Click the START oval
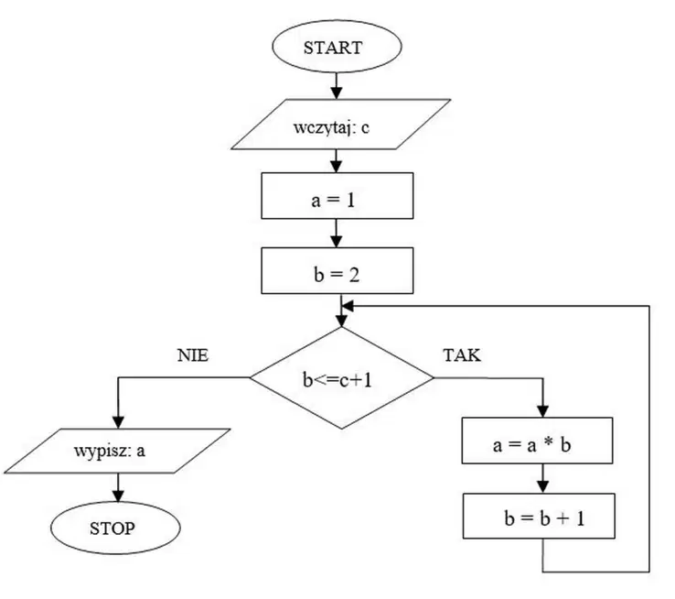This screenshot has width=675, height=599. [337, 47]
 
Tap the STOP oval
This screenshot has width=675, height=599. [115, 528]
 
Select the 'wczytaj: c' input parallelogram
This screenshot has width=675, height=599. [341, 125]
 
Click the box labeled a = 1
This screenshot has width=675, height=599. [337, 196]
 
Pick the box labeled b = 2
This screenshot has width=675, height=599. [337, 270]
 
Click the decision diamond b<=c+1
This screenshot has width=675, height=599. [342, 378]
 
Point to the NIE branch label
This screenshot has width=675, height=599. [193, 355]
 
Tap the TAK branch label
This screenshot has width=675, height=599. [462, 355]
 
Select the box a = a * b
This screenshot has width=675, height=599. [537, 441]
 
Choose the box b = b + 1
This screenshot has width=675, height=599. [539, 516]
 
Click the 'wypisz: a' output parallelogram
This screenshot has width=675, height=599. [117, 452]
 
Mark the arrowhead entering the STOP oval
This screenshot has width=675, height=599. [118, 496]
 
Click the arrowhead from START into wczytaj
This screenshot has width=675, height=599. [337, 93]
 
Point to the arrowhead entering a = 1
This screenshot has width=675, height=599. [337, 167]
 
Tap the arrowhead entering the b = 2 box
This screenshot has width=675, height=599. [337, 241]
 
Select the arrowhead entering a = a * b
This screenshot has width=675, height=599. [543, 411]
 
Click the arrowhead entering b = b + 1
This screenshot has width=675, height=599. [543, 487]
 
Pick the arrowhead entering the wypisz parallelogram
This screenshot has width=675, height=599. [118, 423]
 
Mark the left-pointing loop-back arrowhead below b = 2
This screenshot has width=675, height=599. [348, 306]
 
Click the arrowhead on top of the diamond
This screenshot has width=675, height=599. [341, 321]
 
